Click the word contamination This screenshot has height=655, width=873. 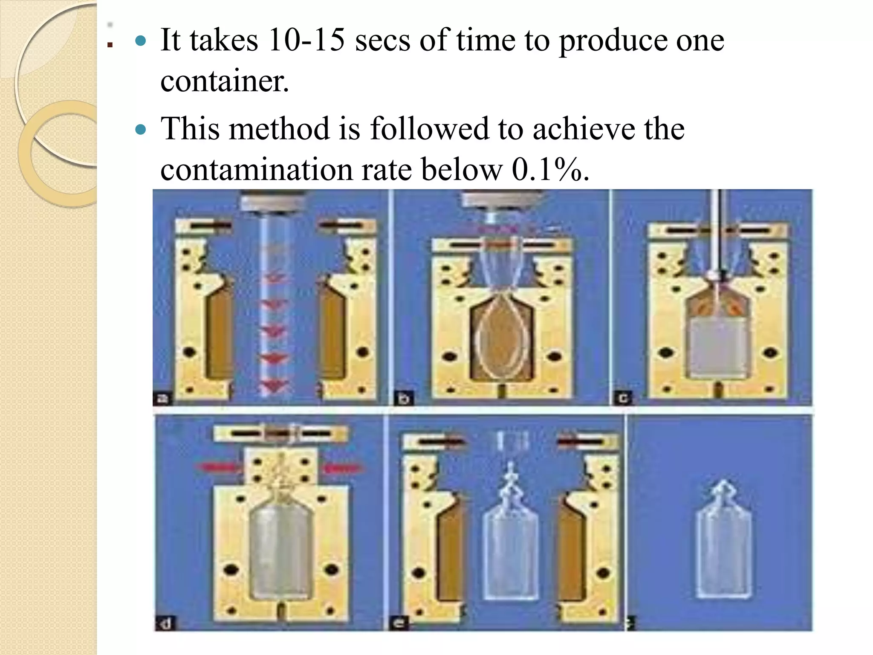(256, 170)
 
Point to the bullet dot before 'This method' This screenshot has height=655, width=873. (140, 129)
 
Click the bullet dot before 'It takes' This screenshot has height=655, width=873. (140, 41)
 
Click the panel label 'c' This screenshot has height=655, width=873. (623, 398)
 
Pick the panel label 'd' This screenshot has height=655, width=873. (165, 624)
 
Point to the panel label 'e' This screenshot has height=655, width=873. (399, 623)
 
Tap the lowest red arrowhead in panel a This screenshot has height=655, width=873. (273, 386)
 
